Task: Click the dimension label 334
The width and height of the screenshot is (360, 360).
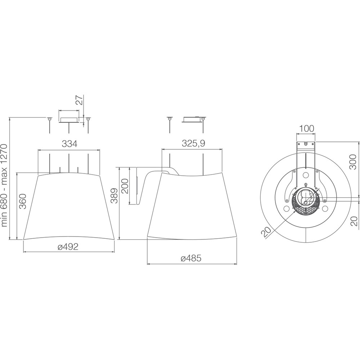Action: [x=69, y=144]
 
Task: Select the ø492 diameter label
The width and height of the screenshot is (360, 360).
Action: [x=68, y=247]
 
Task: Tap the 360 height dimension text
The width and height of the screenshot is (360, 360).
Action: [x=23, y=201]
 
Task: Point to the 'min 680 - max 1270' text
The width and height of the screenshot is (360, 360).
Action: [x=4, y=185]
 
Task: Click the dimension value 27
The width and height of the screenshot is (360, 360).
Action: [x=80, y=100]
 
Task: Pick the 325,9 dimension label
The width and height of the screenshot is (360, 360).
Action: [x=193, y=143]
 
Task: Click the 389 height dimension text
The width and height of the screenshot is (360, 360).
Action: [x=114, y=196]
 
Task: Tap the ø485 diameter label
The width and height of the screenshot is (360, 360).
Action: [x=191, y=258]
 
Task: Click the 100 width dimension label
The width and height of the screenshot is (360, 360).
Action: [x=306, y=129]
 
